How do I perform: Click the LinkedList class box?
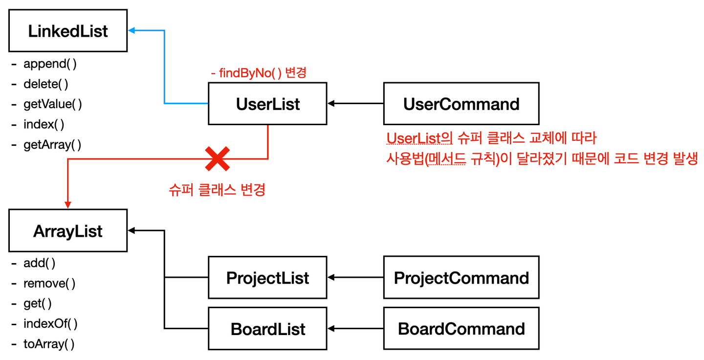click(68, 30)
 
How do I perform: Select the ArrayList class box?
click(68, 230)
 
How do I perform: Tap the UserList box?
click(267, 103)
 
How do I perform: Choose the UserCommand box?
click(461, 103)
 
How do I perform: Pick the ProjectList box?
click(267, 277)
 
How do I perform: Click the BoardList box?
click(267, 329)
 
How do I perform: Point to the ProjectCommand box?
click(461, 277)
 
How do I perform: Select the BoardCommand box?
click(461, 329)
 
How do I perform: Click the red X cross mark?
click(217, 159)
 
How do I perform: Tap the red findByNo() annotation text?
click(258, 73)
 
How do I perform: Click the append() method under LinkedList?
click(50, 64)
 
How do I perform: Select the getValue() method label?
click(52, 104)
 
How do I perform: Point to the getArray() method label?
click(52, 145)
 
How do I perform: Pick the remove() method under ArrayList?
click(49, 283)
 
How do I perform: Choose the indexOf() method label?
click(50, 323)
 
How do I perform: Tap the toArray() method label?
click(49, 344)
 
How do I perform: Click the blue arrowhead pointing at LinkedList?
click(132, 30)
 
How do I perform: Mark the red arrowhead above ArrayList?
click(68, 204)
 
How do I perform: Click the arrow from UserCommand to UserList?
click(355, 103)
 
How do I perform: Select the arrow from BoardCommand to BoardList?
click(355, 329)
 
